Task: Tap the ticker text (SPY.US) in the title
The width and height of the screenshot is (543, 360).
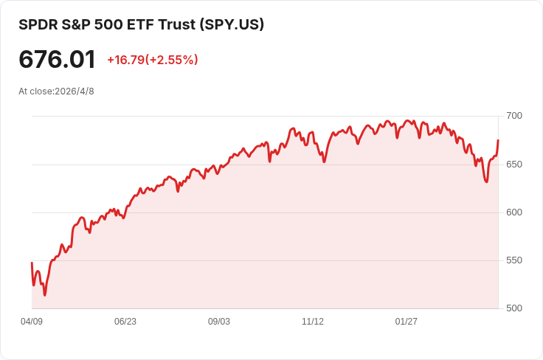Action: (232, 24)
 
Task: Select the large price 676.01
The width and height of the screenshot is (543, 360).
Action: (57, 60)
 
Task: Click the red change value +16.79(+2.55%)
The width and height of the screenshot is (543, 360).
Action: (152, 60)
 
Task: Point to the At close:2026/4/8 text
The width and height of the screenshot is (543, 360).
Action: (56, 91)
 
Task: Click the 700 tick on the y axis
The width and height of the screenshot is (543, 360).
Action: (514, 116)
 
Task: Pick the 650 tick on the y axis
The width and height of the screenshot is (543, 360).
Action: (514, 164)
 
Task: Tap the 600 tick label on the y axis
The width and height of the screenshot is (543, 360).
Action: (514, 212)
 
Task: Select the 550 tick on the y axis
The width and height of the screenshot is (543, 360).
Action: (514, 260)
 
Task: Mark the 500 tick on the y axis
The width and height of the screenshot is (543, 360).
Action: (514, 308)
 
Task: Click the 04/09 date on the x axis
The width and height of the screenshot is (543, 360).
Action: (32, 322)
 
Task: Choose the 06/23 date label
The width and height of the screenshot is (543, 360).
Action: (125, 322)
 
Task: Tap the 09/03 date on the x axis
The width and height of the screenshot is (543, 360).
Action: (219, 322)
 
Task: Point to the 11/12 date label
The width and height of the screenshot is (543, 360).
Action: (313, 322)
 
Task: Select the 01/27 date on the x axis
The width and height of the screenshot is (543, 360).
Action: (407, 322)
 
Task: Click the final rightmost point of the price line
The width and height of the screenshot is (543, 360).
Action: (498, 140)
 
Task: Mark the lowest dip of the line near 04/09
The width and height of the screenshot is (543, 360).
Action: (45, 295)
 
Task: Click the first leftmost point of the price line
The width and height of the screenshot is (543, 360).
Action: (32, 263)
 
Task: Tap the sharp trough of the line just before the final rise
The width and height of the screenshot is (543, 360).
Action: (486, 181)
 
